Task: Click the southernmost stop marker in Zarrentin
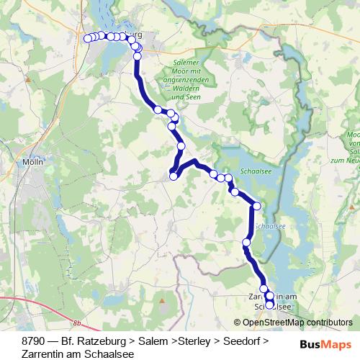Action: coord(270,305)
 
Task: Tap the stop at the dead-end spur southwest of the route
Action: coord(174,176)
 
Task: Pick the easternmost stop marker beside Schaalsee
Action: coord(257,207)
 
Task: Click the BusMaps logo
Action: coord(325,345)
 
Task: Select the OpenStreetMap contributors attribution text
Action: coord(293,323)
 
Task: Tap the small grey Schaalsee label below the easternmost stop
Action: coord(266,225)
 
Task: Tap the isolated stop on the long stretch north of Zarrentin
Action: coord(247,243)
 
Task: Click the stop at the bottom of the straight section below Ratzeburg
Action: coord(158,109)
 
